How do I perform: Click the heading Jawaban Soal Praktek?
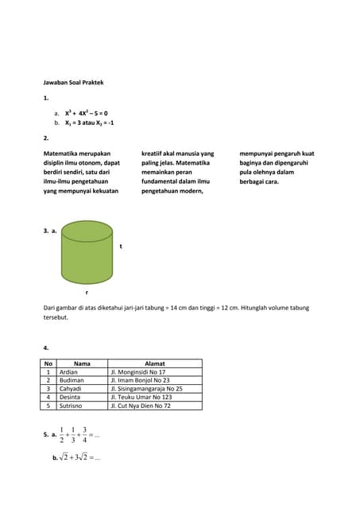coord(73,82)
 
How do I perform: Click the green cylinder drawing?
coord(87,253)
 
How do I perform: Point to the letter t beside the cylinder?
coord(120,247)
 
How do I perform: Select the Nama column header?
coord(82,363)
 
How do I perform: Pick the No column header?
coord(48,363)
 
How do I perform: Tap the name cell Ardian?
coord(69,372)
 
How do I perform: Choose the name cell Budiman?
coord(72,380)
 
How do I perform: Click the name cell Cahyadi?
coord(71,389)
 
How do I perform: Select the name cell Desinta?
coord(70,397)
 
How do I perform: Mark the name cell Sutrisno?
coord(72,406)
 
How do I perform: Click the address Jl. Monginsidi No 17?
coord(137,372)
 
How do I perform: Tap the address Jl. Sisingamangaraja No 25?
coord(146,389)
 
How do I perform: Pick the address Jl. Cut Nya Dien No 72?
coord(141,406)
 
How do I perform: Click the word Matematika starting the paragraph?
coord(63,153)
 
